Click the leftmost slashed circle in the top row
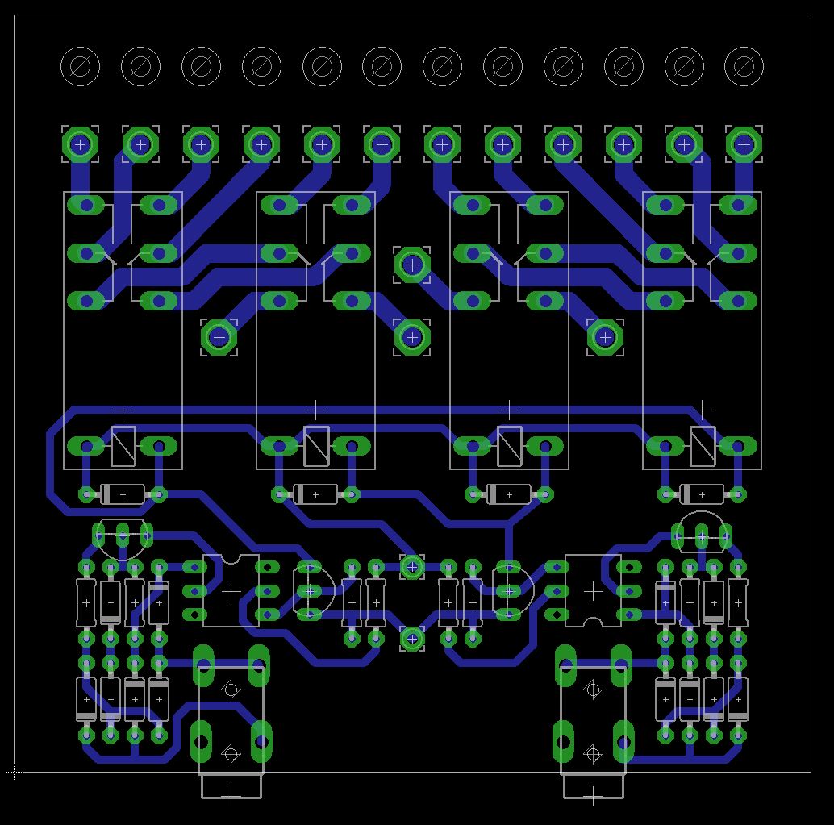[80, 66]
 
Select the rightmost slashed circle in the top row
[744, 66]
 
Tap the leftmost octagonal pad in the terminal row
[80, 144]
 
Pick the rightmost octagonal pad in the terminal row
[744, 144]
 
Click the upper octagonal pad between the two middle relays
[412, 265]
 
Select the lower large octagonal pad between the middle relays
[412, 336]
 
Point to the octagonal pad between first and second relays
[219, 336]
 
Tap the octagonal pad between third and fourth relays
[605, 336]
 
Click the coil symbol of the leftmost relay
[123, 446]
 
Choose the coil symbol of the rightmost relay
[703, 446]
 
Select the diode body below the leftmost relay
[123, 494]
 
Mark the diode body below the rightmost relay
[703, 494]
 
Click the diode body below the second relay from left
[315, 494]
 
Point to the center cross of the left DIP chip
[231, 591]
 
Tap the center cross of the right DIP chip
[593, 591]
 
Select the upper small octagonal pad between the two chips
[412, 567]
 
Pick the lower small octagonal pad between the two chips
[412, 639]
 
